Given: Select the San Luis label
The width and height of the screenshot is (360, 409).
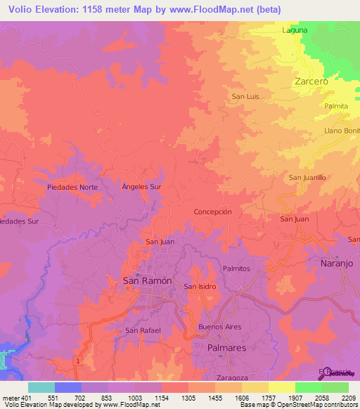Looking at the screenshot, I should click(246, 97).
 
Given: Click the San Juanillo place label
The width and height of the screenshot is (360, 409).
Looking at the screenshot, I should click(307, 178).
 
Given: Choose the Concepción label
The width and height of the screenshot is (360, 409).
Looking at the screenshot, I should click(212, 212).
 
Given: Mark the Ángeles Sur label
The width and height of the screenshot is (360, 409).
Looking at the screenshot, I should click(141, 188).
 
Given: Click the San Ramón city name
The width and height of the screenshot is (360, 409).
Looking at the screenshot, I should click(147, 280).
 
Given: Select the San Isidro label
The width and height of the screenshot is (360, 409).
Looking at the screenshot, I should click(200, 287).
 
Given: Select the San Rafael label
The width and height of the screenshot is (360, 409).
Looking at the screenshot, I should click(143, 330).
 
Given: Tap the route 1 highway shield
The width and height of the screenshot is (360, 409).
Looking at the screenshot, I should click(75, 361).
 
